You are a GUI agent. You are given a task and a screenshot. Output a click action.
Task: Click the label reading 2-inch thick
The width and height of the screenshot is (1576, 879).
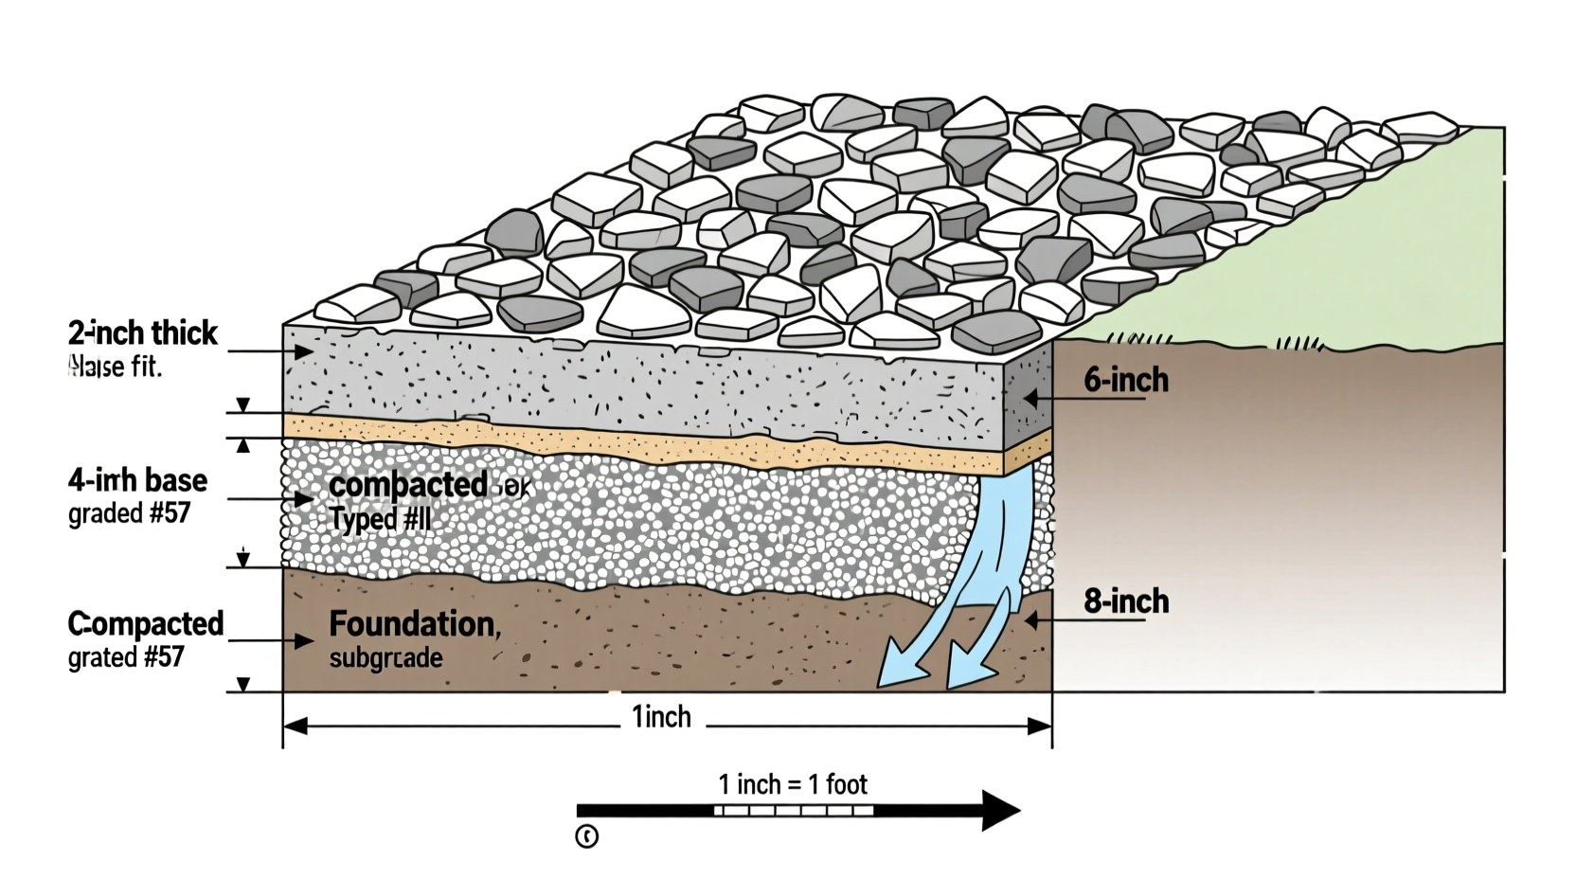[142, 333]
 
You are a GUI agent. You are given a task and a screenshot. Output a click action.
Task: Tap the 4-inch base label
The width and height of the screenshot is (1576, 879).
[137, 480]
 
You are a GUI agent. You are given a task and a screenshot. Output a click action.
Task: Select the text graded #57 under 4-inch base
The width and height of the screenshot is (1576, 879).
[129, 513]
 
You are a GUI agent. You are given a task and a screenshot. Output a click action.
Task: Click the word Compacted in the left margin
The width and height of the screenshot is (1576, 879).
[145, 623]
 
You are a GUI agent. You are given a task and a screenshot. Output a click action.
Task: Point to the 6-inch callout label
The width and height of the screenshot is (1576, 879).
[1126, 380]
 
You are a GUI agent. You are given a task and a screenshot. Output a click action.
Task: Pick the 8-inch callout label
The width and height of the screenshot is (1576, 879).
[1126, 601]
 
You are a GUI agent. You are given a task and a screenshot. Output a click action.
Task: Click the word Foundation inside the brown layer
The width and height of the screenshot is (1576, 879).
[413, 623]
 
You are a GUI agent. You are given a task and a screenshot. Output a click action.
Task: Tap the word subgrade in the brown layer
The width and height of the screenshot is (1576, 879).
[385, 657]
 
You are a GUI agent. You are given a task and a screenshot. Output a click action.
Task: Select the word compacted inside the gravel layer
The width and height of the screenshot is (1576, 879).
[408, 485]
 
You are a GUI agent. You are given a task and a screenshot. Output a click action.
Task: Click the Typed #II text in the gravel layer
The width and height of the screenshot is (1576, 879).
[380, 519]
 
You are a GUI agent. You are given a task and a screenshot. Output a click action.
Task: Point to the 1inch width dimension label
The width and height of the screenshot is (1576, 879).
[661, 717]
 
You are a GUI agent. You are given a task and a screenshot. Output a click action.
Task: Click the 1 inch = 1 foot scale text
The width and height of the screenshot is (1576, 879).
[793, 784]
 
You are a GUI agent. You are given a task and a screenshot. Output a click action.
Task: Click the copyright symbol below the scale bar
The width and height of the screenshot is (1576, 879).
[586, 836]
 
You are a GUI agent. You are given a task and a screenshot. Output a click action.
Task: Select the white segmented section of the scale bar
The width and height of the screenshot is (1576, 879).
[793, 811]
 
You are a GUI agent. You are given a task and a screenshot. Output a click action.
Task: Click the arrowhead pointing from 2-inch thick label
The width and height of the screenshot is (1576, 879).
[303, 351]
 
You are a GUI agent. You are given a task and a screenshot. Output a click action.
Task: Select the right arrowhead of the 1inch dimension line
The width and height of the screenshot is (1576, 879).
[1040, 727]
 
